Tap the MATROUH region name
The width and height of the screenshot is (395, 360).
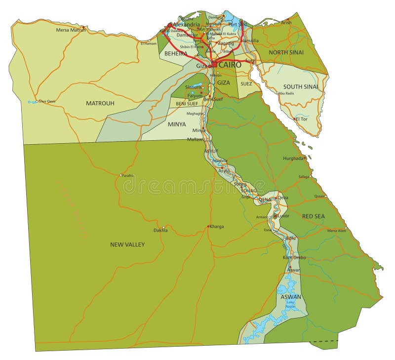click(100, 103)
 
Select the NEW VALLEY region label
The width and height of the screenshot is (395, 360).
click(127, 244)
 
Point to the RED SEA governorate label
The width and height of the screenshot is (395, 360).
click(314, 216)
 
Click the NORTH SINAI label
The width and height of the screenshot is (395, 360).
click(286, 52)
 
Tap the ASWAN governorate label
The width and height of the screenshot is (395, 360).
click(291, 297)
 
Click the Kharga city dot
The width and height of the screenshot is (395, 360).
click(208, 226)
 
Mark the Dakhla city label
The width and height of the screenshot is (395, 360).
click(160, 230)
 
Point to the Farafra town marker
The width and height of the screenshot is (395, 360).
click(120, 175)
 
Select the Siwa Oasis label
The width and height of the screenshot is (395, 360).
click(46, 102)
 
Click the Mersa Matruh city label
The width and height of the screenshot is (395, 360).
click(71, 30)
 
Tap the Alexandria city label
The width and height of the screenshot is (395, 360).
click(186, 24)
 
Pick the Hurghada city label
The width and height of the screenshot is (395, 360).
click(294, 159)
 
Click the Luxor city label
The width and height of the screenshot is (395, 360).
click(283, 216)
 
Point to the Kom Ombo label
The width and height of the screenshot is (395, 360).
click(294, 257)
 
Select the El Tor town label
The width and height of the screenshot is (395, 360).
click(302, 119)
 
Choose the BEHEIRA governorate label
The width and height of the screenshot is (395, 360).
click(176, 53)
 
